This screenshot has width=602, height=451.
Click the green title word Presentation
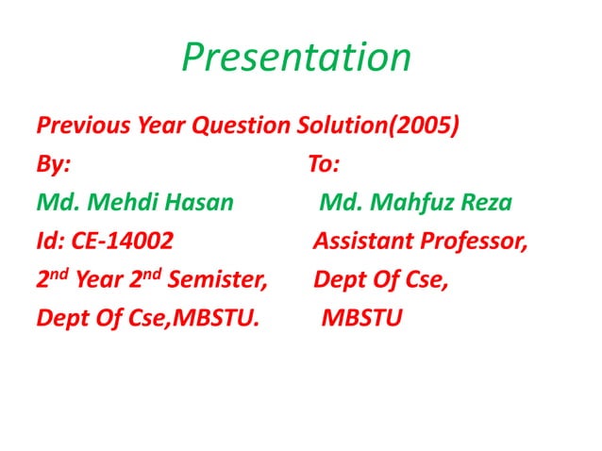click(296, 58)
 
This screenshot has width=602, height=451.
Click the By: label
click(53, 164)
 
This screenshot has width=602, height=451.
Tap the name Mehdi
click(124, 203)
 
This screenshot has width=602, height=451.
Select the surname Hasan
click(199, 203)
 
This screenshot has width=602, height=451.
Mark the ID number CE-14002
click(123, 242)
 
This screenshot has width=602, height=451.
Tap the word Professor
click(473, 242)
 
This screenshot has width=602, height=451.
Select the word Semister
click(220, 280)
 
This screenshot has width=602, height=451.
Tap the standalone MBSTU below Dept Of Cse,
click(362, 319)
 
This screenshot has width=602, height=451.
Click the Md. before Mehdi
click(58, 203)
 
